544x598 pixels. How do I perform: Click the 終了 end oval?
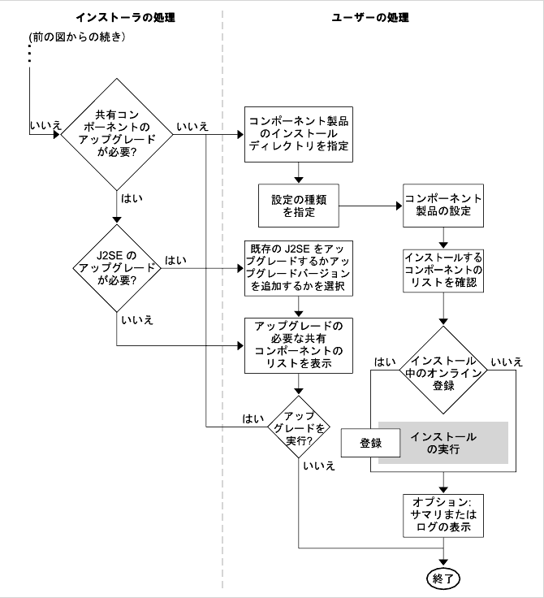tap(443, 578)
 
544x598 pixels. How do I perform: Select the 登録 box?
tap(370, 443)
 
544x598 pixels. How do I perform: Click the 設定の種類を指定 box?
tap(299, 206)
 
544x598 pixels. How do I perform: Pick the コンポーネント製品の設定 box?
tap(443, 206)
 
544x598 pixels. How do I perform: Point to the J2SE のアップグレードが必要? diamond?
tap(117, 268)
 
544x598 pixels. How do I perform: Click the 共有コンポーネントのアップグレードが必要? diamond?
tap(117, 134)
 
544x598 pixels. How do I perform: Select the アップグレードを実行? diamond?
tap(299, 427)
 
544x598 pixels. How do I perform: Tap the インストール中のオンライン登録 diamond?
tap(443, 370)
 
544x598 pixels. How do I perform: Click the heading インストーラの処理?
tap(125, 18)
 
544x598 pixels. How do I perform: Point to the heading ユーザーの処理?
tap(370, 18)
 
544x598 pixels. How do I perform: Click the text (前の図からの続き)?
tap(77, 37)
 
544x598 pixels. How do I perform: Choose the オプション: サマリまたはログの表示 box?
tap(443, 516)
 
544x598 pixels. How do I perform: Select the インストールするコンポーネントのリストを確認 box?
tap(443, 271)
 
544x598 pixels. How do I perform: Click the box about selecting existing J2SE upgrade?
tap(299, 268)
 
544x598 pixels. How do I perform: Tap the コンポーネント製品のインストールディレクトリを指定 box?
tap(299, 134)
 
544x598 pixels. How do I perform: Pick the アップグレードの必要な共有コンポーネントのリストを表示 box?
tap(299, 345)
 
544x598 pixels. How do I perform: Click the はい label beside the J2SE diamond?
tap(175, 260)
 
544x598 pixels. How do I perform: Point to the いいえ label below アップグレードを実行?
tap(319, 466)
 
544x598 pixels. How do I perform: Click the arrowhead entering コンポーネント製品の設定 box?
tap(399, 206)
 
